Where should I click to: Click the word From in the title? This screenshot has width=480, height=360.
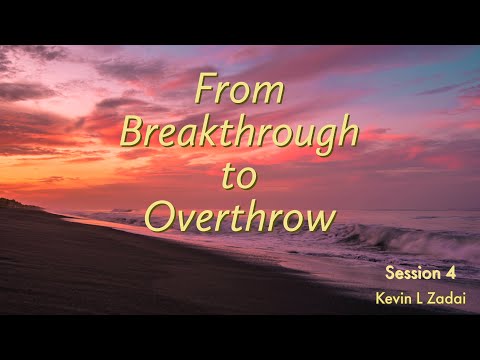click(x=241, y=91)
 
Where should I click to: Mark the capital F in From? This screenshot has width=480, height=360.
click(x=205, y=91)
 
